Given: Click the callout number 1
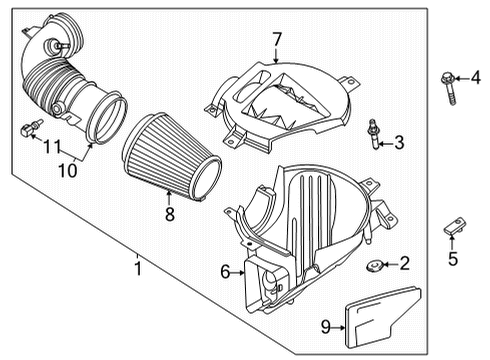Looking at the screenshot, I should coord(140,265).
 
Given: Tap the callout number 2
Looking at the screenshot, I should coord(404,264).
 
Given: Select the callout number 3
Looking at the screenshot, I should coord(399,143).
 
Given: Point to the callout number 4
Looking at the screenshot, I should coord(476,77).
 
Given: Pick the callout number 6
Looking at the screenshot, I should coord(225,270).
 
